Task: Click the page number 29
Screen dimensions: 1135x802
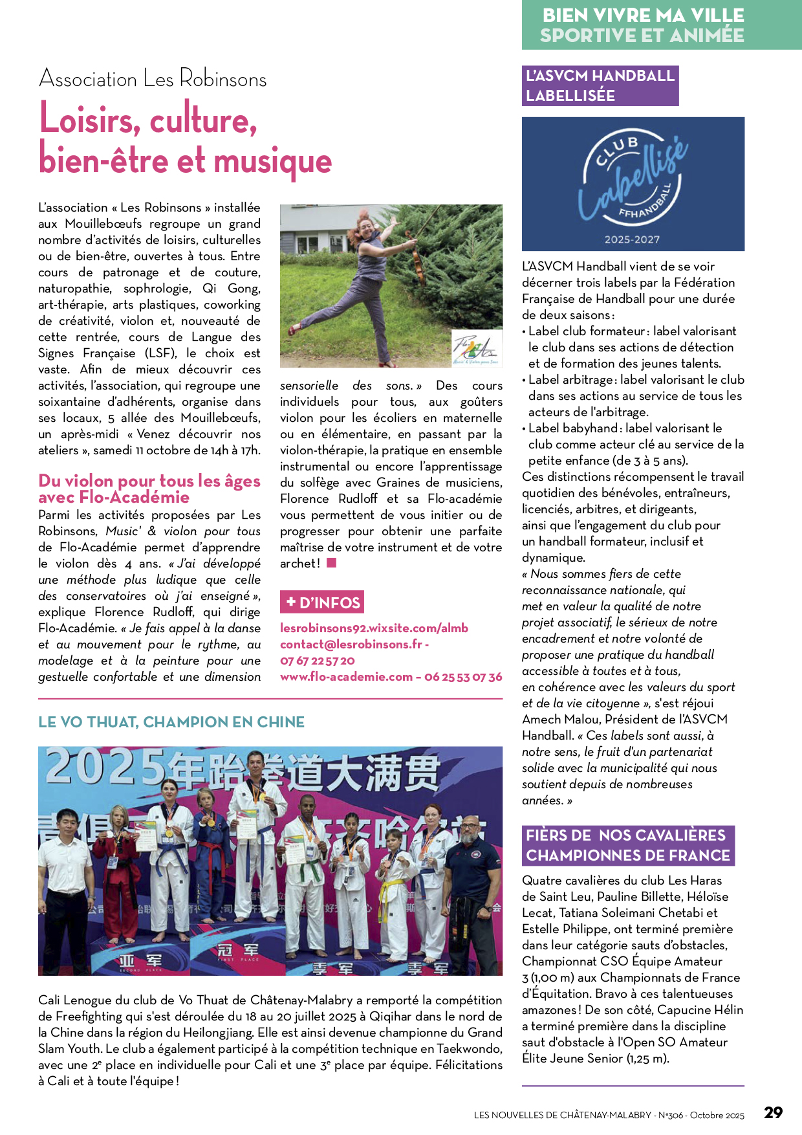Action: pyautogui.click(x=773, y=1112)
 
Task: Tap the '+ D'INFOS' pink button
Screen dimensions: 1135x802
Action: pyautogui.click(x=322, y=602)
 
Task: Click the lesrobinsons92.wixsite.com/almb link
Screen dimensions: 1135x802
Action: pyautogui.click(x=374, y=628)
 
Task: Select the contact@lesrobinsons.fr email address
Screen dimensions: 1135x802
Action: pyautogui.click(x=351, y=645)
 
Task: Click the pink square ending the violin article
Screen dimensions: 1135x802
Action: pyautogui.click(x=332, y=563)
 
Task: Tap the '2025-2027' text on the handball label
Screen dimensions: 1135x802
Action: pyautogui.click(x=632, y=239)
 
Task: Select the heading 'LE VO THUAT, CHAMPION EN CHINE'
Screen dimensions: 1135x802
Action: pyautogui.click(x=171, y=722)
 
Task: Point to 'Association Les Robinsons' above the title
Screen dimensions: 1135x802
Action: pyautogui.click(x=153, y=79)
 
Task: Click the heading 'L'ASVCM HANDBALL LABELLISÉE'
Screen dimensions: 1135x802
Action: pyautogui.click(x=600, y=85)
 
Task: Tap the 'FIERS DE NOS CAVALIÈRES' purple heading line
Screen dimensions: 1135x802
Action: pyautogui.click(x=625, y=835)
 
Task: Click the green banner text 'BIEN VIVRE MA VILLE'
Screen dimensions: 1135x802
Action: pyautogui.click(x=643, y=15)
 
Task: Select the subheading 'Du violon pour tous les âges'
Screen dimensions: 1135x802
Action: pyautogui.click(x=149, y=481)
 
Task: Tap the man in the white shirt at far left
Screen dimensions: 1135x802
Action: pyautogui.click(x=65, y=893)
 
